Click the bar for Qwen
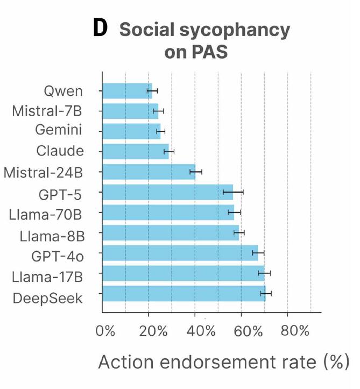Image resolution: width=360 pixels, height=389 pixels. [x=127, y=91]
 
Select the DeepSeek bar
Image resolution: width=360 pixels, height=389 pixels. [x=183, y=293]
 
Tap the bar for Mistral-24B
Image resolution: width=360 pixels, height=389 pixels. [x=148, y=172]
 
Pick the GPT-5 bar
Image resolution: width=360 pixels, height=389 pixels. [x=167, y=192]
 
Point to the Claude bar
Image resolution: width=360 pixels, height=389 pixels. [x=135, y=151]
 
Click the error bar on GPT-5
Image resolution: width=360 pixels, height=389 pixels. [x=234, y=192]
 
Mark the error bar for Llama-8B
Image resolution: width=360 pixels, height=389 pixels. [x=239, y=232]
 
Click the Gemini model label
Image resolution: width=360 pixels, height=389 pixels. [x=59, y=130]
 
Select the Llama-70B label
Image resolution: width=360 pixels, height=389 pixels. [x=46, y=214]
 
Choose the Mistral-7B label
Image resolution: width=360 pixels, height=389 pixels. [x=47, y=111]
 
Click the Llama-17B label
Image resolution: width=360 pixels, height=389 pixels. [x=47, y=277]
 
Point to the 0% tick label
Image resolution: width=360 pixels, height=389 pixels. [x=105, y=330]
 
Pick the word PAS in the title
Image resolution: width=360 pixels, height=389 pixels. [x=213, y=53]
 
